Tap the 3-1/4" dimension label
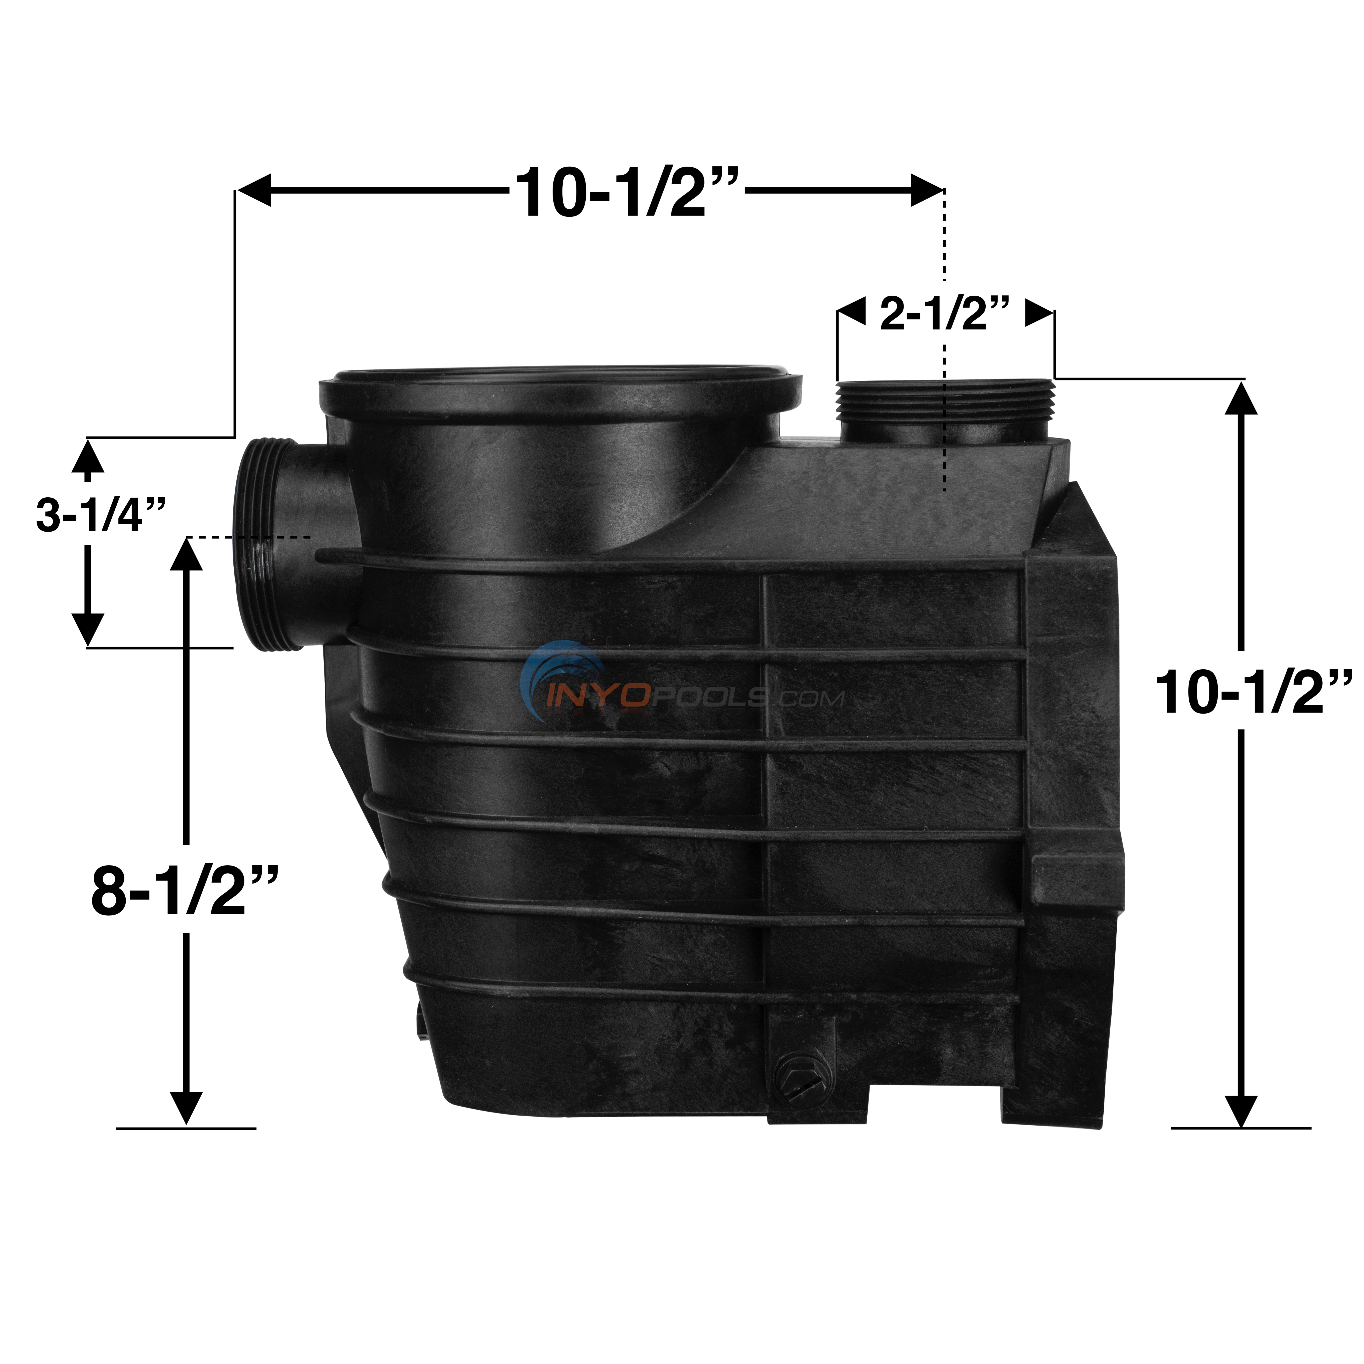(x=100, y=516)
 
